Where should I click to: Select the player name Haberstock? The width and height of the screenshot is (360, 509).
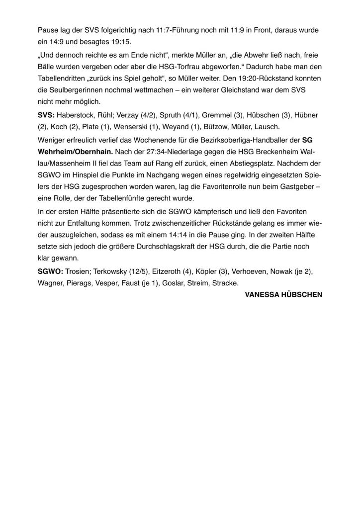77,115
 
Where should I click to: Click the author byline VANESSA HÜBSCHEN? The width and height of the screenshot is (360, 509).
283,295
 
